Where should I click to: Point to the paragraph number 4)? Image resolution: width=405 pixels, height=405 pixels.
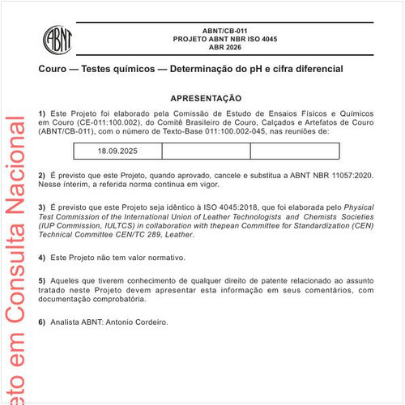(x=42, y=258)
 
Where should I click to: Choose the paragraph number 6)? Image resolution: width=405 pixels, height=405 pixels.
(x=42, y=322)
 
